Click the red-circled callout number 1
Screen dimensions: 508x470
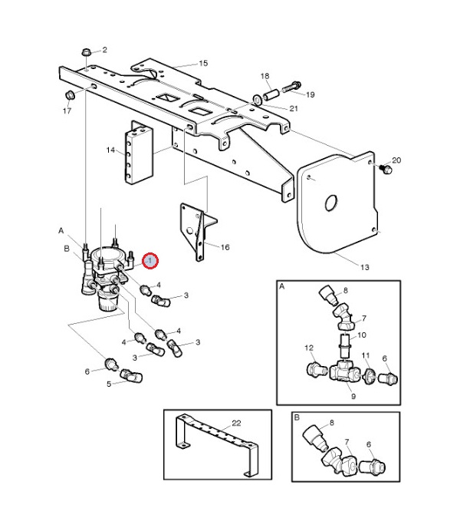coord(150,262)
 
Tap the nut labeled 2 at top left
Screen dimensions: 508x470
coord(87,53)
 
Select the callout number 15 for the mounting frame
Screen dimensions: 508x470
coord(203,64)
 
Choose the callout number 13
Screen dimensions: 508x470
coord(364,266)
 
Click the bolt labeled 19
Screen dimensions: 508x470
coord(295,84)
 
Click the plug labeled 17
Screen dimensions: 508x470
coord(70,94)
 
